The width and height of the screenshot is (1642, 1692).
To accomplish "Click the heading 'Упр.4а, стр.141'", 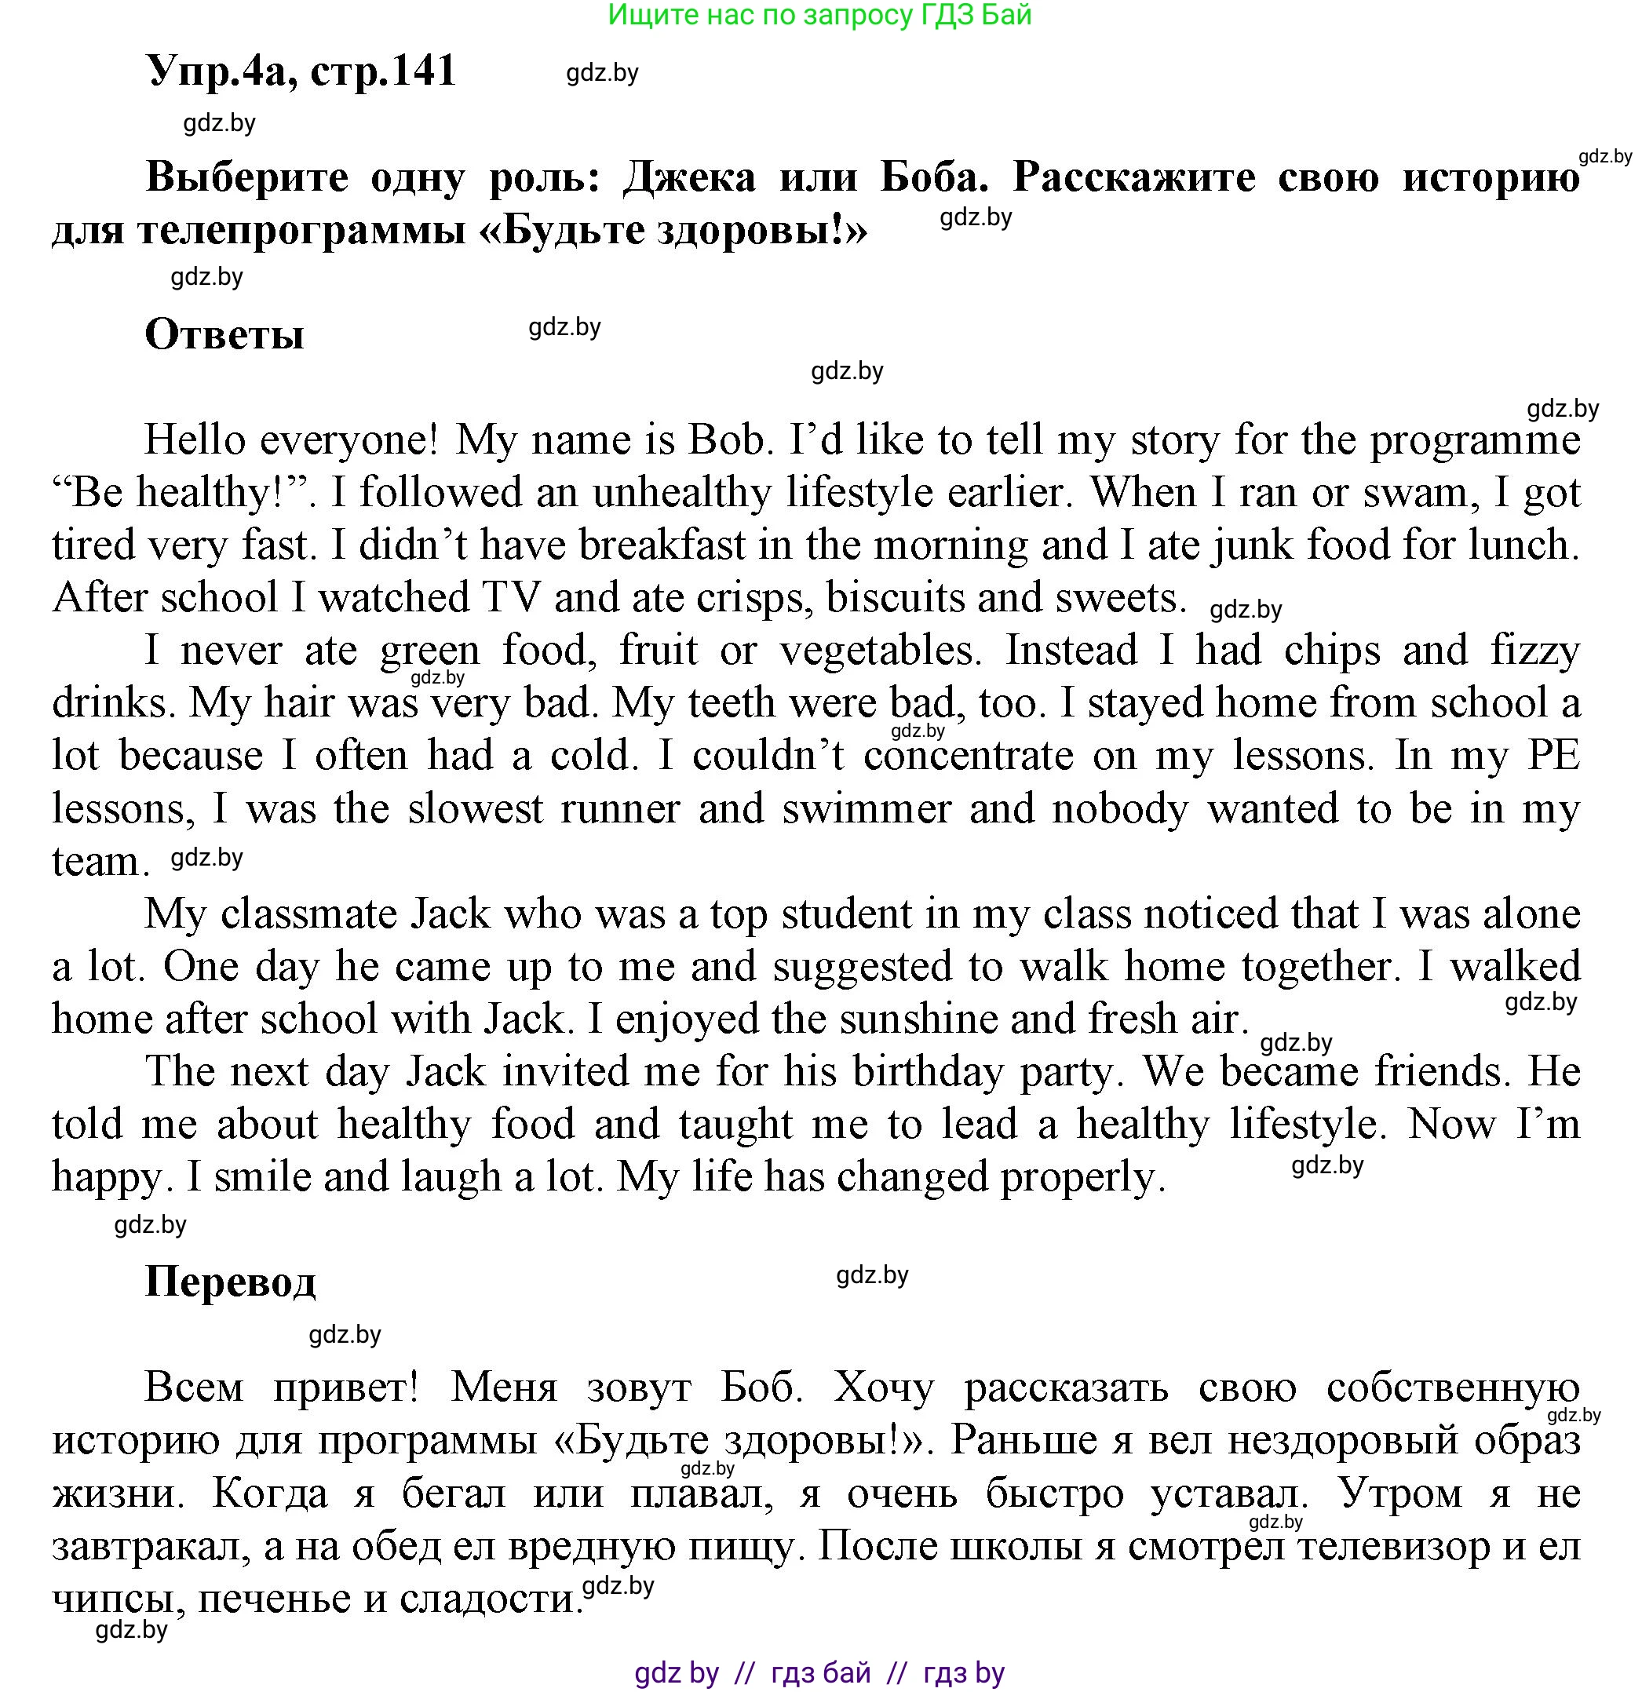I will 301,71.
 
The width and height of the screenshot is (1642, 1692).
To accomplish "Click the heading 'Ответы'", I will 224,334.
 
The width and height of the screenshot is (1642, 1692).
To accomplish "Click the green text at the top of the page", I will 819,15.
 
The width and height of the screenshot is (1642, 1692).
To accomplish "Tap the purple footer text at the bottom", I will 819,1673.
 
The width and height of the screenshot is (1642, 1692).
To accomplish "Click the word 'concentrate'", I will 969,757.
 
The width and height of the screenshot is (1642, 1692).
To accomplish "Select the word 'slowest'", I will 475,809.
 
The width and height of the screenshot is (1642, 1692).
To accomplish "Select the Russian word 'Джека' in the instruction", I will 690,178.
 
